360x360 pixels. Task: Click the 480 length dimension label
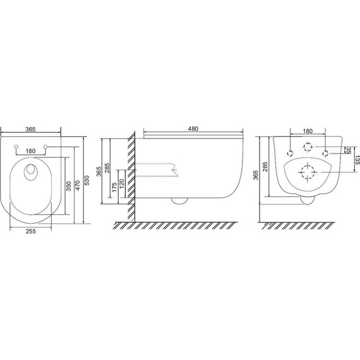[193, 129]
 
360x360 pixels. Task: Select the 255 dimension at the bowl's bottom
[30, 231]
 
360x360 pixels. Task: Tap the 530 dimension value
[87, 181]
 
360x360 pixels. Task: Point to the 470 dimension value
[78, 185]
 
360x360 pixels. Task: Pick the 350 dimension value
[69, 186]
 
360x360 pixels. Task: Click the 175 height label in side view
[114, 187]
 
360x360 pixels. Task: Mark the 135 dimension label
[357, 160]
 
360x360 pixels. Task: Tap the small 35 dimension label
[349, 150]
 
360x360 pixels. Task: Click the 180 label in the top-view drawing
[30, 151]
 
